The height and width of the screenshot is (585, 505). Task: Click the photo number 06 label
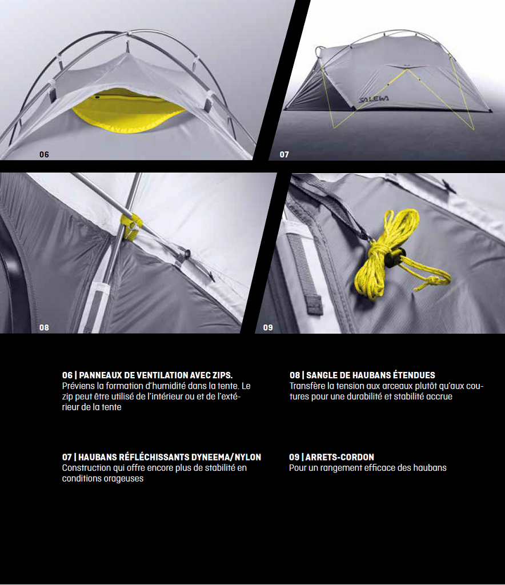point(44,154)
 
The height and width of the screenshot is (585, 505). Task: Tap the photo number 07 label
point(284,154)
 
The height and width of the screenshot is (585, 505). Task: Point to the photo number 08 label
point(44,327)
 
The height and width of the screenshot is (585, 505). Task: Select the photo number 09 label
point(268,327)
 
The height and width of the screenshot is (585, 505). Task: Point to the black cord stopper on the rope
point(395,258)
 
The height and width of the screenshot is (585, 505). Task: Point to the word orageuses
point(125,479)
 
